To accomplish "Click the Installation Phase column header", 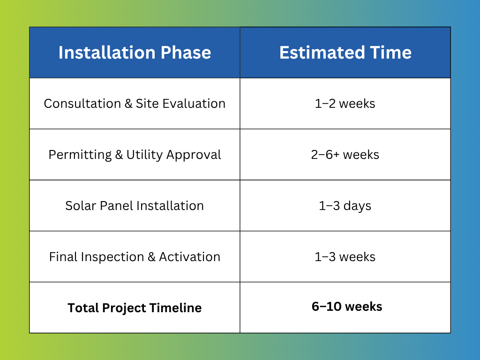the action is [x=135, y=52].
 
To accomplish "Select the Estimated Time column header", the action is [x=345, y=52].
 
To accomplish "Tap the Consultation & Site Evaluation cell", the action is [x=135, y=104].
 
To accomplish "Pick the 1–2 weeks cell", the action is [x=345, y=104].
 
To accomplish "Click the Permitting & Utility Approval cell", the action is [x=135, y=155].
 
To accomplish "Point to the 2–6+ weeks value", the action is [x=345, y=155].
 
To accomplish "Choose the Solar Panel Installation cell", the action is [x=135, y=206].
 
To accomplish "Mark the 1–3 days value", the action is [x=345, y=206].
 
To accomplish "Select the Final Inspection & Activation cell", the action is [x=135, y=257].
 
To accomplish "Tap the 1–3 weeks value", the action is [x=345, y=257].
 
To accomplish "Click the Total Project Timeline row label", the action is [x=135, y=307].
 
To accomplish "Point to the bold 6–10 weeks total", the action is [x=347, y=307].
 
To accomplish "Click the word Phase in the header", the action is [x=186, y=52].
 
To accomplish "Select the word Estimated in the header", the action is [x=322, y=52].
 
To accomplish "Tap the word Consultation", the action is [x=82, y=104].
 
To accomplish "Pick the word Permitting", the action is [x=80, y=155].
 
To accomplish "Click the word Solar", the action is [x=81, y=206].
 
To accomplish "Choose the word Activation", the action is [x=190, y=257].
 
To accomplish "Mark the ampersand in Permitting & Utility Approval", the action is [x=119, y=155].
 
